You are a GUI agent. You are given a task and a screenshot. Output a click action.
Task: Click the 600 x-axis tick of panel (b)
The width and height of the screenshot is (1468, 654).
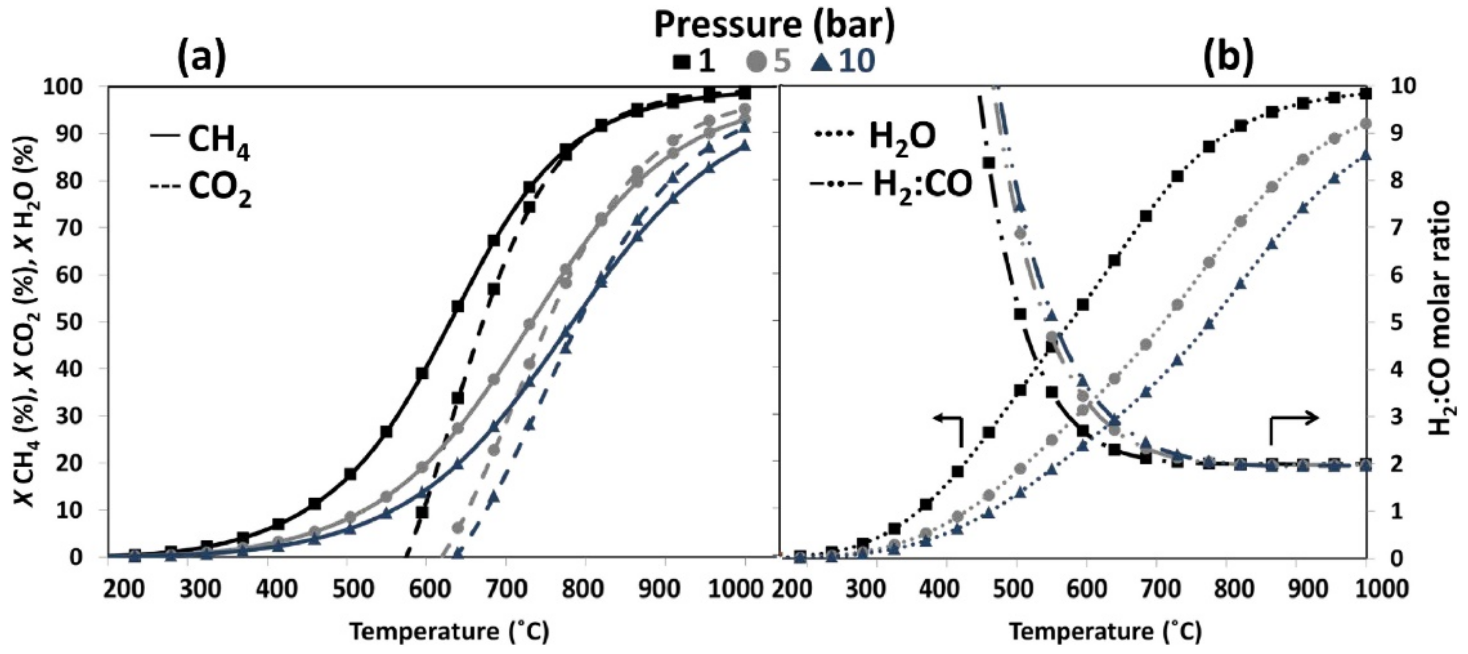[1086, 588]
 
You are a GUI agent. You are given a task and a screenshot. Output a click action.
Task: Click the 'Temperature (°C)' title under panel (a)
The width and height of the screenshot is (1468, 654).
[449, 632]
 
